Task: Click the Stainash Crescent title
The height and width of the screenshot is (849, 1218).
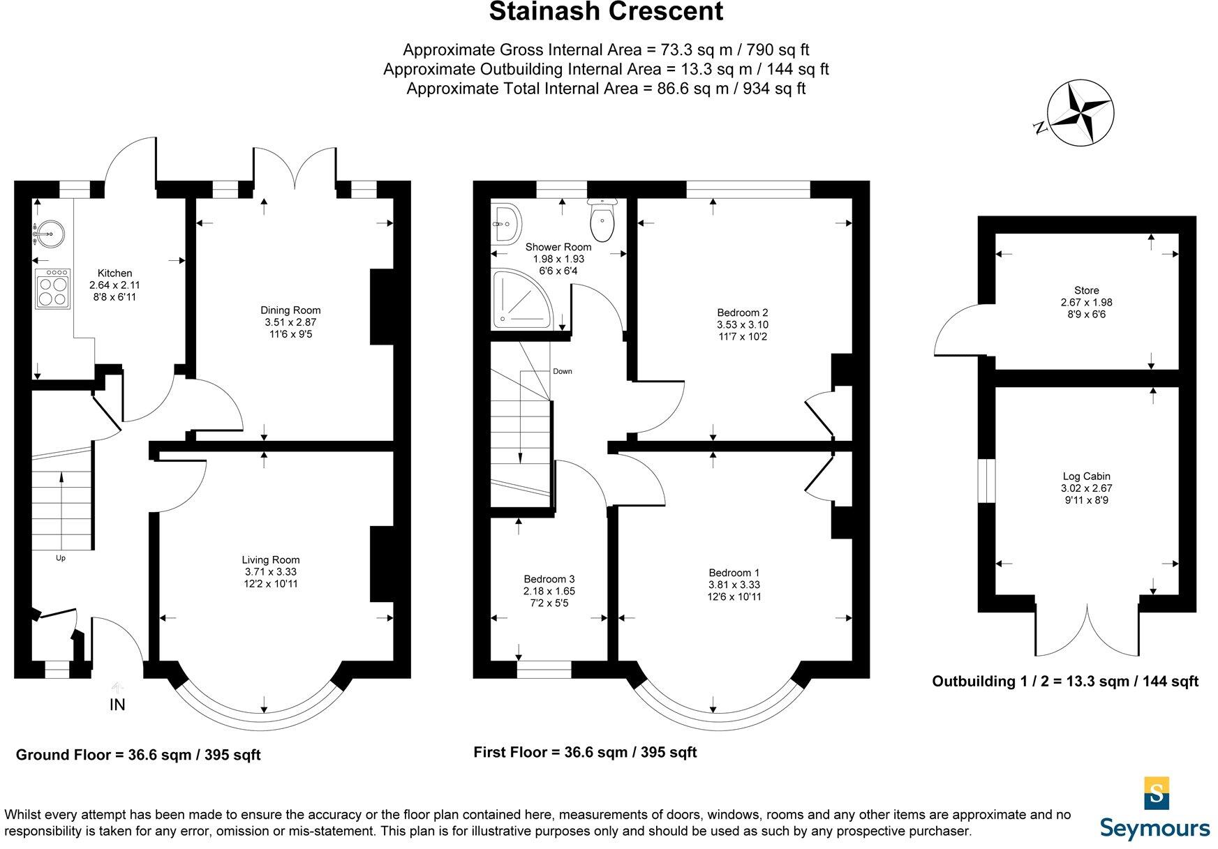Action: click(x=606, y=13)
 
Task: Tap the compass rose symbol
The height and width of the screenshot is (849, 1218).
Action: click(x=1081, y=113)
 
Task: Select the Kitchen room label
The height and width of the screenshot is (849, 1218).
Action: click(x=114, y=273)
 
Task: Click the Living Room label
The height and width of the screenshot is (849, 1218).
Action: click(x=271, y=559)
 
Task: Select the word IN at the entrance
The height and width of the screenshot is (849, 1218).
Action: click(x=117, y=705)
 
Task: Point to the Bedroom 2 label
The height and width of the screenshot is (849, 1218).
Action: click(x=742, y=313)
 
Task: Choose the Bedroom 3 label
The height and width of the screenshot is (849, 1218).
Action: click(x=549, y=579)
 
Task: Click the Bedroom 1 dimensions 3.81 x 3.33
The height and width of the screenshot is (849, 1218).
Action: click(x=734, y=585)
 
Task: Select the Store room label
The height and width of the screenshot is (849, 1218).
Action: click(x=1086, y=290)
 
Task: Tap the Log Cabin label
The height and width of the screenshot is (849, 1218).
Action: click(x=1086, y=476)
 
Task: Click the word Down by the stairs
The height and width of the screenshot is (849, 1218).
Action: click(x=562, y=371)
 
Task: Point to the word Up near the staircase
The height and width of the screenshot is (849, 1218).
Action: click(x=61, y=558)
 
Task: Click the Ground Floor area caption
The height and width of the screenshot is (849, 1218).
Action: click(x=138, y=755)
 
